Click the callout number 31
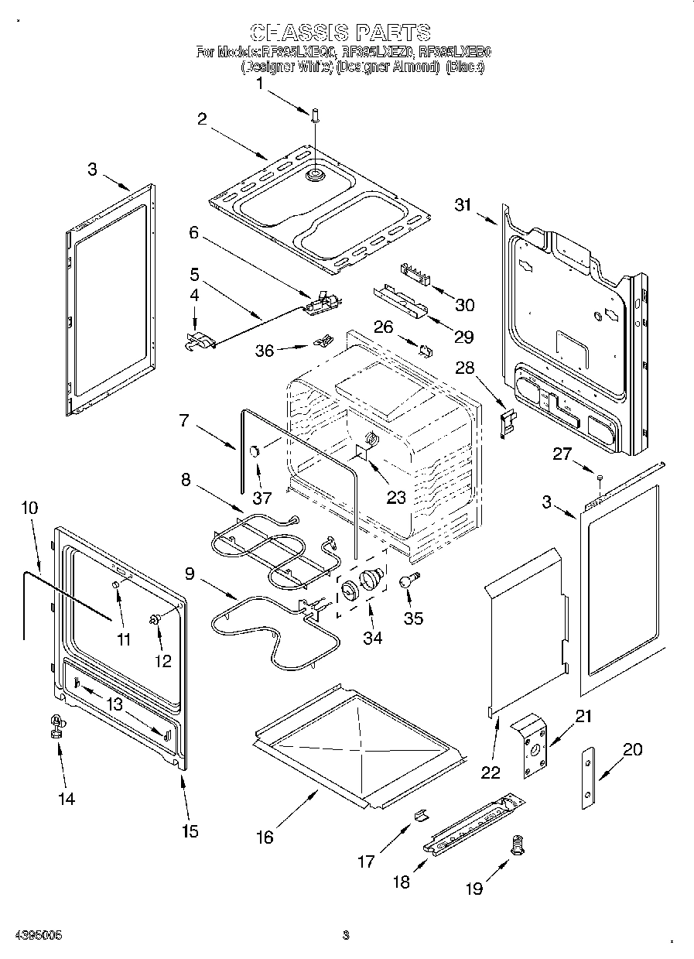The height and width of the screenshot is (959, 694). pos(463,204)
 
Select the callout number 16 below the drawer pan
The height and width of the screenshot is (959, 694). pos(265,837)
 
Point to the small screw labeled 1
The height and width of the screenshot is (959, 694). pos(316,116)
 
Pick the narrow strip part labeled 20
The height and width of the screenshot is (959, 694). pos(590,779)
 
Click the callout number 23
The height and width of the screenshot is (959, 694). pos(396,498)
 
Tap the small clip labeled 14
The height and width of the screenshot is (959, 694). pos(56,725)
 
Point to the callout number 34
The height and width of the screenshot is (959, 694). pos(373,638)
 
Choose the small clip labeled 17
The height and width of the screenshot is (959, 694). pos(422,814)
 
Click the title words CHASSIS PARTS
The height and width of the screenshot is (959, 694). pos(340,32)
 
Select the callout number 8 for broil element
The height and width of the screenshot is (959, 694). pos(186,479)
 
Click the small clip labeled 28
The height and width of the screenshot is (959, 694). pos(508,423)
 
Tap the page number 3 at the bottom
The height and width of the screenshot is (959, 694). pos(347,935)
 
